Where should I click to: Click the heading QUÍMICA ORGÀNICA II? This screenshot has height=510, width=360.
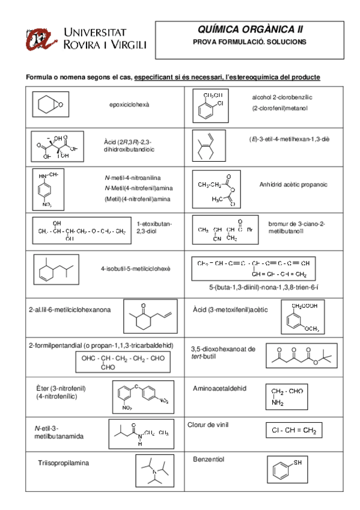250,29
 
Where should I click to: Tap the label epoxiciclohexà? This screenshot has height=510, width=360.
129,105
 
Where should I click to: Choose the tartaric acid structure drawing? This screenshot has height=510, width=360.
58,144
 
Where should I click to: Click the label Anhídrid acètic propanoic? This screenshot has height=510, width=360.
291,185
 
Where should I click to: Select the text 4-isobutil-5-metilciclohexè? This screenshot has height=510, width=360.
135,268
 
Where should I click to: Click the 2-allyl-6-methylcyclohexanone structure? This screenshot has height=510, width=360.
150,315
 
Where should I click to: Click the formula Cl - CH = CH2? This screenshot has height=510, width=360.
293,431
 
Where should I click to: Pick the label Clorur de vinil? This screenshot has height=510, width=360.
208,424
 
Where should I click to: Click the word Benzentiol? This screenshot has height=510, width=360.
209,459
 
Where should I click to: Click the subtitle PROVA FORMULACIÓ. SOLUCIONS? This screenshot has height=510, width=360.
249,42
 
